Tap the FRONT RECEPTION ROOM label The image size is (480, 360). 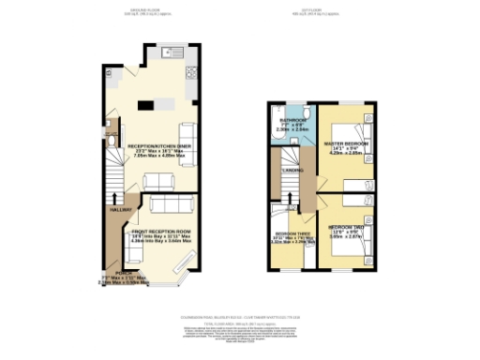tap(160, 231)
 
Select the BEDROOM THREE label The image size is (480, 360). tap(288, 233)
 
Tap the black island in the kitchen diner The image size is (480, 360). tap(146, 103)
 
